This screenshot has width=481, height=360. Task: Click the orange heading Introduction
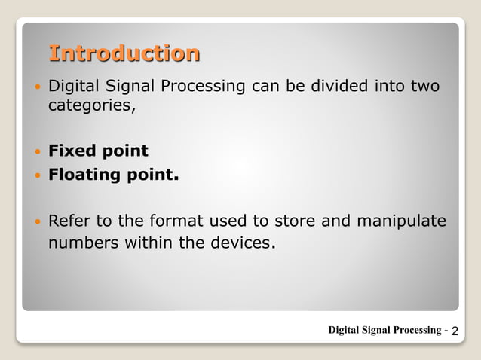pyautogui.click(x=124, y=53)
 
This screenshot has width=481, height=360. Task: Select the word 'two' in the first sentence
pyautogui.click(x=425, y=87)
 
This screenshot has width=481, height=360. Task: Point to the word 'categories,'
pyautogui.click(x=92, y=105)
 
